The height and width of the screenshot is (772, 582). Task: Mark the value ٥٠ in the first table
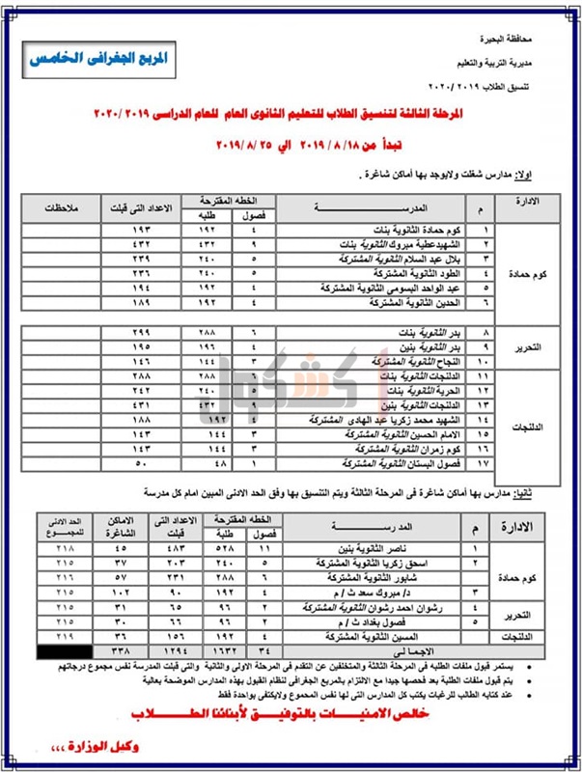[141, 464]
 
